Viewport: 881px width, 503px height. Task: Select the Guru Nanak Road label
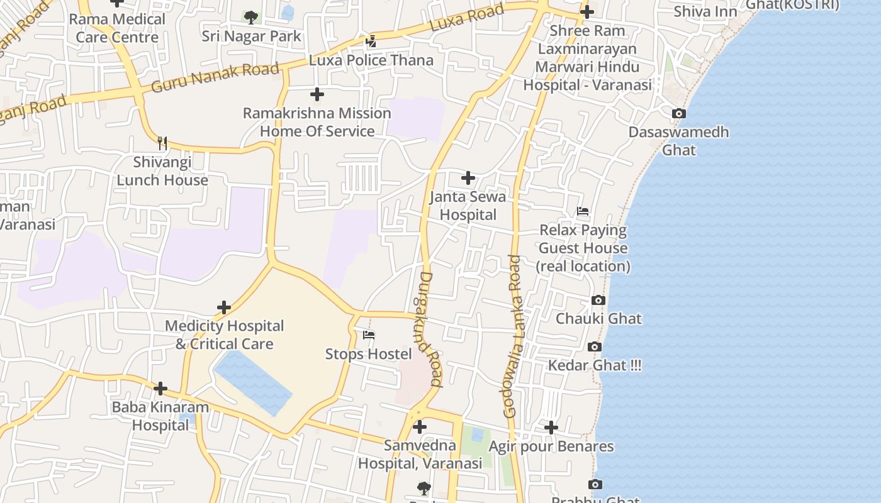(215, 77)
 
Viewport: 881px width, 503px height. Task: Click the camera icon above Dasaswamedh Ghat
(678, 114)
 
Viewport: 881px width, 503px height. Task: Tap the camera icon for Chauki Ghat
(598, 301)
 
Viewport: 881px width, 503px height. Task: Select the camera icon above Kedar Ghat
(594, 347)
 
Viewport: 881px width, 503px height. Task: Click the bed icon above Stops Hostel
(369, 335)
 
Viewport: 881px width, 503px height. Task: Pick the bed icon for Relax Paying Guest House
(583, 211)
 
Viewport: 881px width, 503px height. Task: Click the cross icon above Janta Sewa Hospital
(468, 178)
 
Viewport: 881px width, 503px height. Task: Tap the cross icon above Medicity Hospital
(224, 307)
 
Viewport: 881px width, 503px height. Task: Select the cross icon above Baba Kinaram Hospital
(160, 389)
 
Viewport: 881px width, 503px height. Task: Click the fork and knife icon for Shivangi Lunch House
(162, 143)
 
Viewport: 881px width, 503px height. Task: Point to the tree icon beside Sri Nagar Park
(250, 17)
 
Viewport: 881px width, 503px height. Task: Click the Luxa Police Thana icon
(371, 41)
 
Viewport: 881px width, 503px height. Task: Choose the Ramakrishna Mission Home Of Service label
(317, 122)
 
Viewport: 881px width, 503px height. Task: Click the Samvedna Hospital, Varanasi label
(420, 455)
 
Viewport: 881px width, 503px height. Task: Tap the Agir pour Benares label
(551, 446)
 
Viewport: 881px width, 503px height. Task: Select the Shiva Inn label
(705, 11)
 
